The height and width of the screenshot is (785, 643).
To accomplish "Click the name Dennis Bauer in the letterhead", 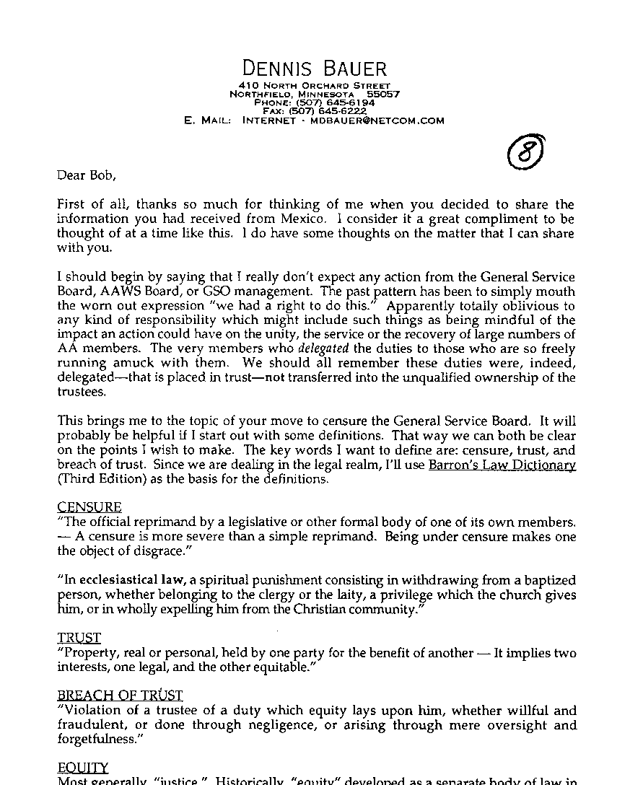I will pos(315,69).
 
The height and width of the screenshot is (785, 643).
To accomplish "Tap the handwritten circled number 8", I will pos(525,152).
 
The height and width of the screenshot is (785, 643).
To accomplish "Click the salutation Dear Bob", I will pos(86,175).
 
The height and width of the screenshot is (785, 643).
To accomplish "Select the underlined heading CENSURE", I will pos(89,507).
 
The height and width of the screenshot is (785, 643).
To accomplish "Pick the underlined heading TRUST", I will pos(79,638).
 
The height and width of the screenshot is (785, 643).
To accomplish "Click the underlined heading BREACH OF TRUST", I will pos(120,696).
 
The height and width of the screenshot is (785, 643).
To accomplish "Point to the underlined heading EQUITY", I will pos(83,768).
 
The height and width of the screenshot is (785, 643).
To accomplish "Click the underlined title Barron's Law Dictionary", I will pos(502,465).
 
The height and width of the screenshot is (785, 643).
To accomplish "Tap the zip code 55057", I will pos(383,95).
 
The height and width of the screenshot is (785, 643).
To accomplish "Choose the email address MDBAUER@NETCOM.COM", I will pos(377,121).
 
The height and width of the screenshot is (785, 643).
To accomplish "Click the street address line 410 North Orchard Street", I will pos(315,86).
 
